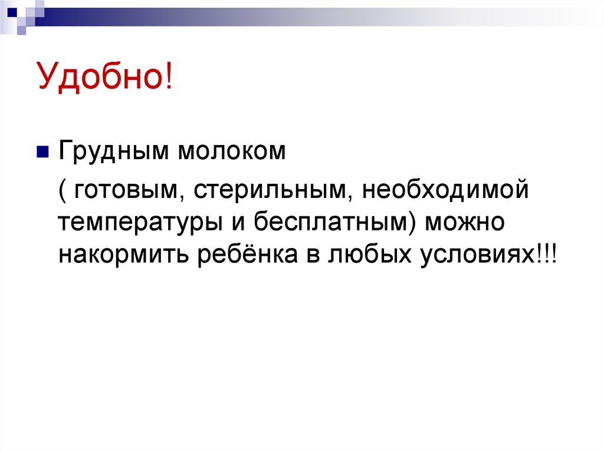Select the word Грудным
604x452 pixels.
pyautogui.click(x=110, y=152)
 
